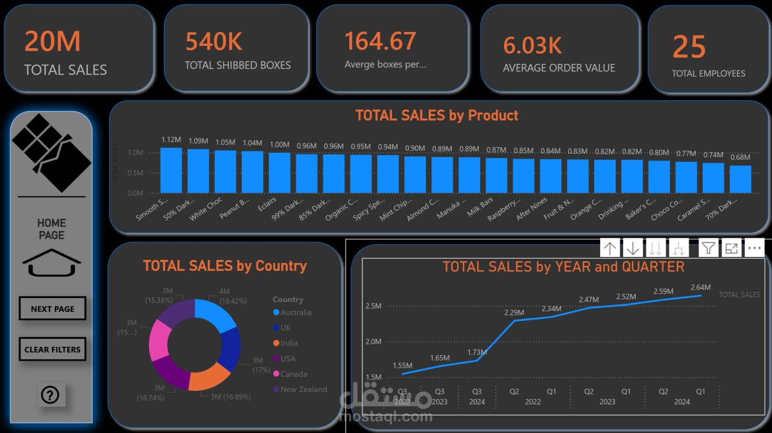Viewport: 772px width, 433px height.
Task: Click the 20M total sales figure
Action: click(x=52, y=42)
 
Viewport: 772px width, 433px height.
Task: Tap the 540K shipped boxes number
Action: click(x=214, y=42)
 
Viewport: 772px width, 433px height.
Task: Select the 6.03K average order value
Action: click(x=533, y=45)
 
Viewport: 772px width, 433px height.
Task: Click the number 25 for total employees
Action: click(x=689, y=47)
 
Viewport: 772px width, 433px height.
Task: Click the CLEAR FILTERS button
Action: click(x=52, y=349)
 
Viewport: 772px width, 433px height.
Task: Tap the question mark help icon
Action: click(x=49, y=395)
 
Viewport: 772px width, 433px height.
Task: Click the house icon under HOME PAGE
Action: click(x=52, y=264)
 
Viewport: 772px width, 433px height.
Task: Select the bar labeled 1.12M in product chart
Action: click(x=171, y=170)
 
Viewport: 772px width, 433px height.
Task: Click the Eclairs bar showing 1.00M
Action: click(x=280, y=172)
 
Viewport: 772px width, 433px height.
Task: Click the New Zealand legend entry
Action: click(x=303, y=389)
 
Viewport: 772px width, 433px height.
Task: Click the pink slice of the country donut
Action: click(x=159, y=341)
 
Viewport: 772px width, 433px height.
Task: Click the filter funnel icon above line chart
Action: click(x=709, y=248)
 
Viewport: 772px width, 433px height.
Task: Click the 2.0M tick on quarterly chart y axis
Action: click(x=373, y=341)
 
